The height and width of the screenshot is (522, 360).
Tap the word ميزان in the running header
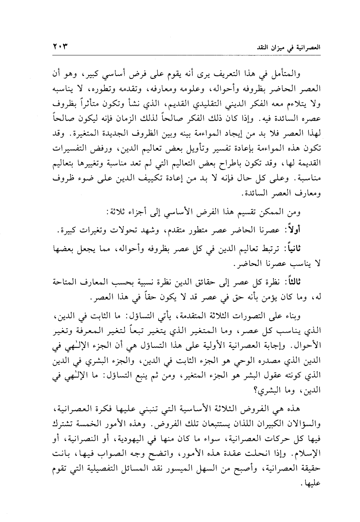[288, 48]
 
